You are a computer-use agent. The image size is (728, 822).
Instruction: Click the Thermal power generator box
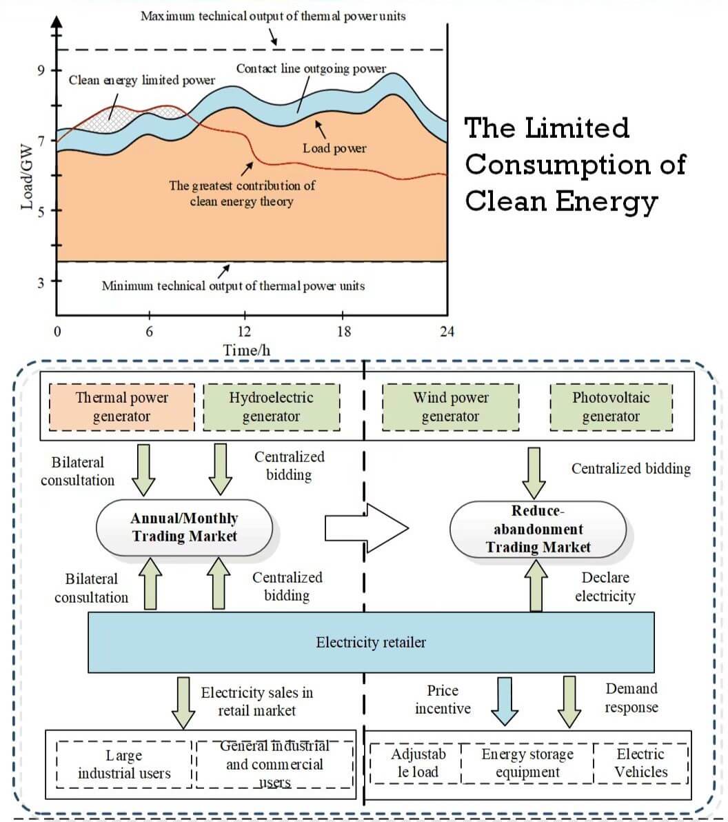[122, 407]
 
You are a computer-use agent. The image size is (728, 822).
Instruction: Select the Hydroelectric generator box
[271, 407]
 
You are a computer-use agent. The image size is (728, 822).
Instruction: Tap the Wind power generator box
[450, 407]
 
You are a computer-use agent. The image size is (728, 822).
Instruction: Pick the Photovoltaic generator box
[611, 407]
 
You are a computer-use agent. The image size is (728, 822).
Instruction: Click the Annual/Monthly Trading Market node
[184, 528]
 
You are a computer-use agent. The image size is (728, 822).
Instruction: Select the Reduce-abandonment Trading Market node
[538, 529]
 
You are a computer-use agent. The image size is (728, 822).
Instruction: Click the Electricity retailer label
[371, 643]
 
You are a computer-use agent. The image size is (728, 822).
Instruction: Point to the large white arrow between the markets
[366, 529]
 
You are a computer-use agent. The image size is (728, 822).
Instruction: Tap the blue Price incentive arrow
[505, 700]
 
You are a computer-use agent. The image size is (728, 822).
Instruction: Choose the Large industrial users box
[124, 764]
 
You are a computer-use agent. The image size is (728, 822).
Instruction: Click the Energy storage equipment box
[527, 763]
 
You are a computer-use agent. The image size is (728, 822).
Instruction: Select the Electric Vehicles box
[640, 763]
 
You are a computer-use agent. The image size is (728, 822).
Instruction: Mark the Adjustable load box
[418, 763]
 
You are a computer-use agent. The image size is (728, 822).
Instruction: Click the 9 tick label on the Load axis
[41, 70]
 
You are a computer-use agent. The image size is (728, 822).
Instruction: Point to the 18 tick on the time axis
[343, 332]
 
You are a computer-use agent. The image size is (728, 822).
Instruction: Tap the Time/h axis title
[246, 350]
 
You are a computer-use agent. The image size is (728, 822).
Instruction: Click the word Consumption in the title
[576, 165]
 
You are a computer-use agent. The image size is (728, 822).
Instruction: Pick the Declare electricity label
[605, 587]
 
